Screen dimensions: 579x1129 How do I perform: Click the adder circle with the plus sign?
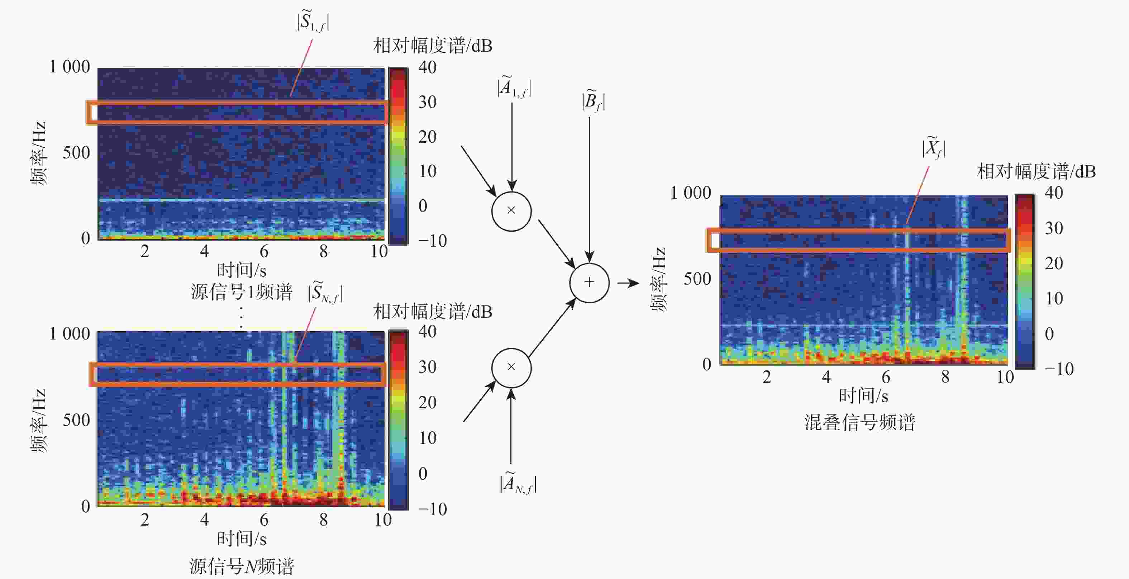coord(589,283)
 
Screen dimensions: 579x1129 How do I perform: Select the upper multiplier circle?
coord(511,211)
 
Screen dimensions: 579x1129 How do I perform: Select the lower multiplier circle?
coord(511,368)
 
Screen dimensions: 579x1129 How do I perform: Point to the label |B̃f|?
coord(593,102)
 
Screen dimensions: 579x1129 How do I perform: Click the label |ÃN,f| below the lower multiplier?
coord(518,483)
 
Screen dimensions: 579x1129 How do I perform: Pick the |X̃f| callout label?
coord(934,148)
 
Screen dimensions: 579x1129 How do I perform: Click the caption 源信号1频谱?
coord(242,292)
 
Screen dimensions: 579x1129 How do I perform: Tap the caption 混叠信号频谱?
coord(859,422)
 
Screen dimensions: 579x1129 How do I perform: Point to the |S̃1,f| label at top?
coord(313,21)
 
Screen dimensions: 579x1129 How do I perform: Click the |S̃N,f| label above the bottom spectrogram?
coord(325,292)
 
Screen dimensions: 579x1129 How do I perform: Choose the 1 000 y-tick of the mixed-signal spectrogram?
coord(690,193)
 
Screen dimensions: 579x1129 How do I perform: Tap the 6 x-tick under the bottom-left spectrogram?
coord(264,519)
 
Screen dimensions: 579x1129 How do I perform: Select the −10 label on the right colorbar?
coord(1059,369)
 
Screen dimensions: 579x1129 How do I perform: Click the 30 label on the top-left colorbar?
coord(427,102)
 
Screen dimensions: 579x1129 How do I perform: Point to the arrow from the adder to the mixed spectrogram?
coord(629,283)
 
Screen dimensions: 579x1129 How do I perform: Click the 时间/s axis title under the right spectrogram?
coord(863,396)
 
